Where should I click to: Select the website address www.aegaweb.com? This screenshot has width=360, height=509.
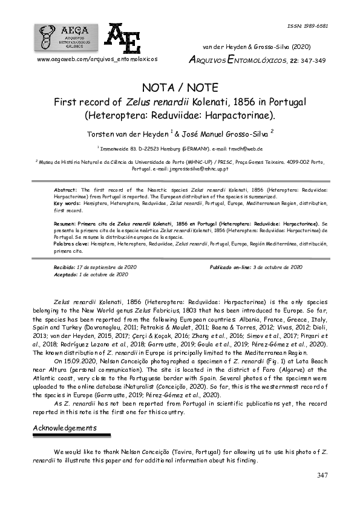point(97,60)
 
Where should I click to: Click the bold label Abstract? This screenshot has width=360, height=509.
point(67,190)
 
